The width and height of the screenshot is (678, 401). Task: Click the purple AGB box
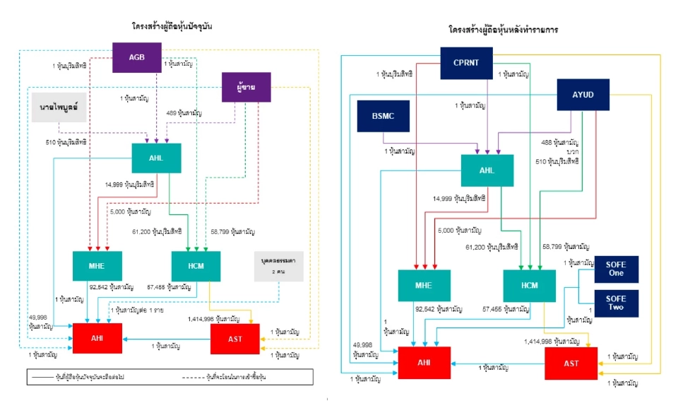pyautogui.click(x=137, y=57)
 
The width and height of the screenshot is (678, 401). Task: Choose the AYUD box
pyautogui.click(x=582, y=95)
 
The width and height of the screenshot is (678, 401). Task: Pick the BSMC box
pyautogui.click(x=383, y=117)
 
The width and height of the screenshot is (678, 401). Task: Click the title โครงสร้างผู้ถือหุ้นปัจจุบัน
pyautogui.click(x=172, y=26)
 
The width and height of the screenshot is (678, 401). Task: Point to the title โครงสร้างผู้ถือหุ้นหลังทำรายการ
pyautogui.click(x=503, y=30)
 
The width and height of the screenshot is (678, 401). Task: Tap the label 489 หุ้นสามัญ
pyautogui.click(x=182, y=112)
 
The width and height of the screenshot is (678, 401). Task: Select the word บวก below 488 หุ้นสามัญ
pyautogui.click(x=573, y=151)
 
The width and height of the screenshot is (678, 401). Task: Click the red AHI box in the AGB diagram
pyautogui.click(x=97, y=338)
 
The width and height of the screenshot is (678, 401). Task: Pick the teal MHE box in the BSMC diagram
pyautogui.click(x=422, y=286)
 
